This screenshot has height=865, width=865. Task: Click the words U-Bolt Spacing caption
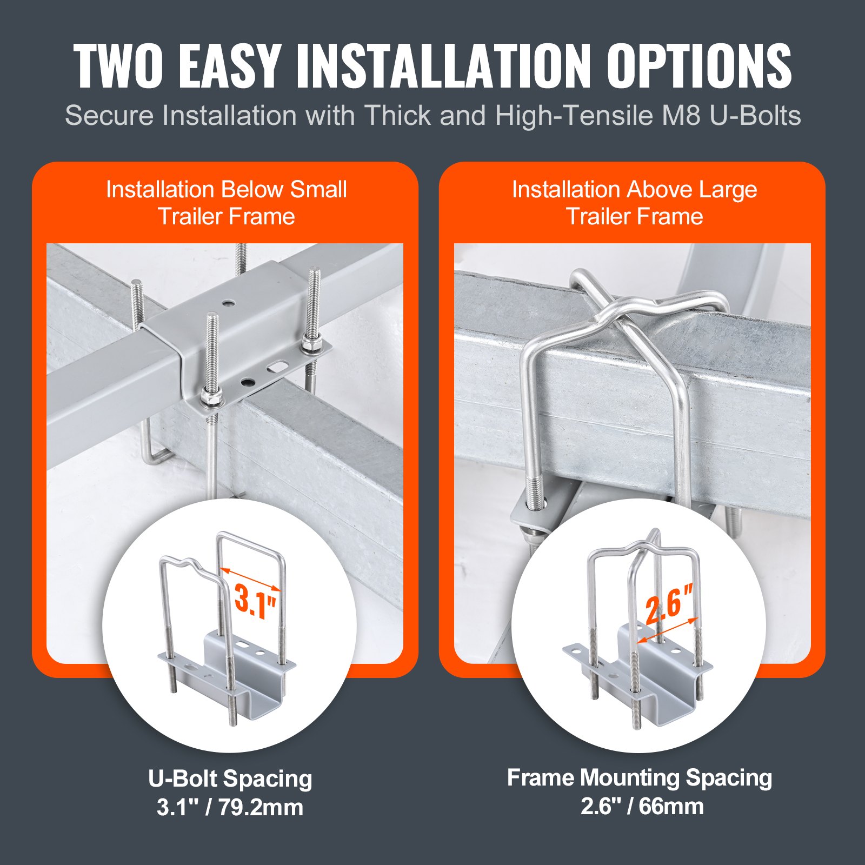(230, 779)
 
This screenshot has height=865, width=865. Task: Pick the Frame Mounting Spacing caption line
(640, 778)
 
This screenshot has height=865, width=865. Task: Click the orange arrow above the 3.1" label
(251, 579)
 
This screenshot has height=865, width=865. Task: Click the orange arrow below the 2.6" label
(668, 630)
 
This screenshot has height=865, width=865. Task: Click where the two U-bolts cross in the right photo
(616, 314)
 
